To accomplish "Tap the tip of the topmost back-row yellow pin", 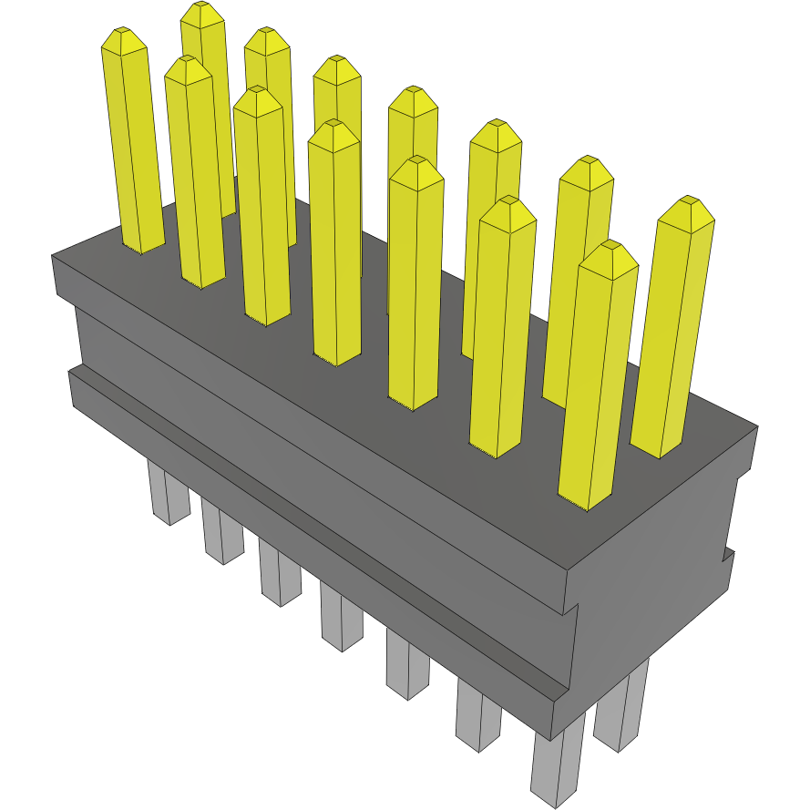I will (201, 13).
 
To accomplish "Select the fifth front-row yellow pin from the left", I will (415, 282).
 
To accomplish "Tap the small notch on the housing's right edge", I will (728, 557).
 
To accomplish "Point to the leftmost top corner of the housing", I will (53, 258).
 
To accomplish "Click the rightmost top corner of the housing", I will (757, 426).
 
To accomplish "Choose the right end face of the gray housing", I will (656, 583).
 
